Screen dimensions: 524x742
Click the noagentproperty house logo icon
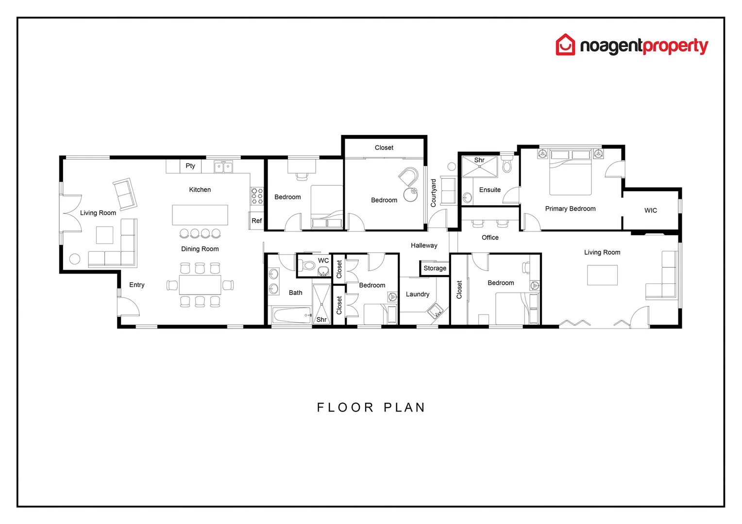(x=565, y=45)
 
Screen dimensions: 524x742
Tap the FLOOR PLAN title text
(x=371, y=408)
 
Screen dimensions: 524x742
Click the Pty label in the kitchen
(x=190, y=166)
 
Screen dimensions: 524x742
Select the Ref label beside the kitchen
(x=256, y=221)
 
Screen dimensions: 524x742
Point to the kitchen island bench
(x=200, y=215)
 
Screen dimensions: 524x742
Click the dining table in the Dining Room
(x=200, y=285)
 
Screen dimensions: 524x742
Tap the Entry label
(x=137, y=285)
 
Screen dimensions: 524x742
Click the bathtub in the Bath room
(x=291, y=315)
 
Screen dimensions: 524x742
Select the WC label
(x=323, y=261)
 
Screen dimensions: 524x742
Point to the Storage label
(x=435, y=268)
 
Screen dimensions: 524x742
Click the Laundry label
(x=418, y=294)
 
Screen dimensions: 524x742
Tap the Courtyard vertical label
(x=434, y=193)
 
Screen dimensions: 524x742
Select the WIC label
(x=651, y=210)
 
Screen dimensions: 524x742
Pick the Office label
(x=490, y=237)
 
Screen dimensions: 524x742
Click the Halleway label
(x=424, y=246)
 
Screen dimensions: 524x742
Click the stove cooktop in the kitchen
(x=257, y=196)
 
